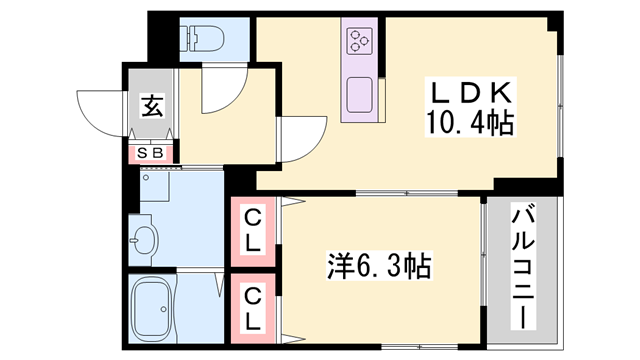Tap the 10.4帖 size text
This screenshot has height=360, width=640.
(469, 125)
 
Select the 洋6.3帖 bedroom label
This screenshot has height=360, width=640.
(379, 266)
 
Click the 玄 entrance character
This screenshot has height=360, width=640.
(151, 104)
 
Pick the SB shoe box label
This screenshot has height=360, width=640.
(153, 153)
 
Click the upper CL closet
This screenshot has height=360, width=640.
(253, 228)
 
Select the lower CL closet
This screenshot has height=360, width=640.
(253, 307)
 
